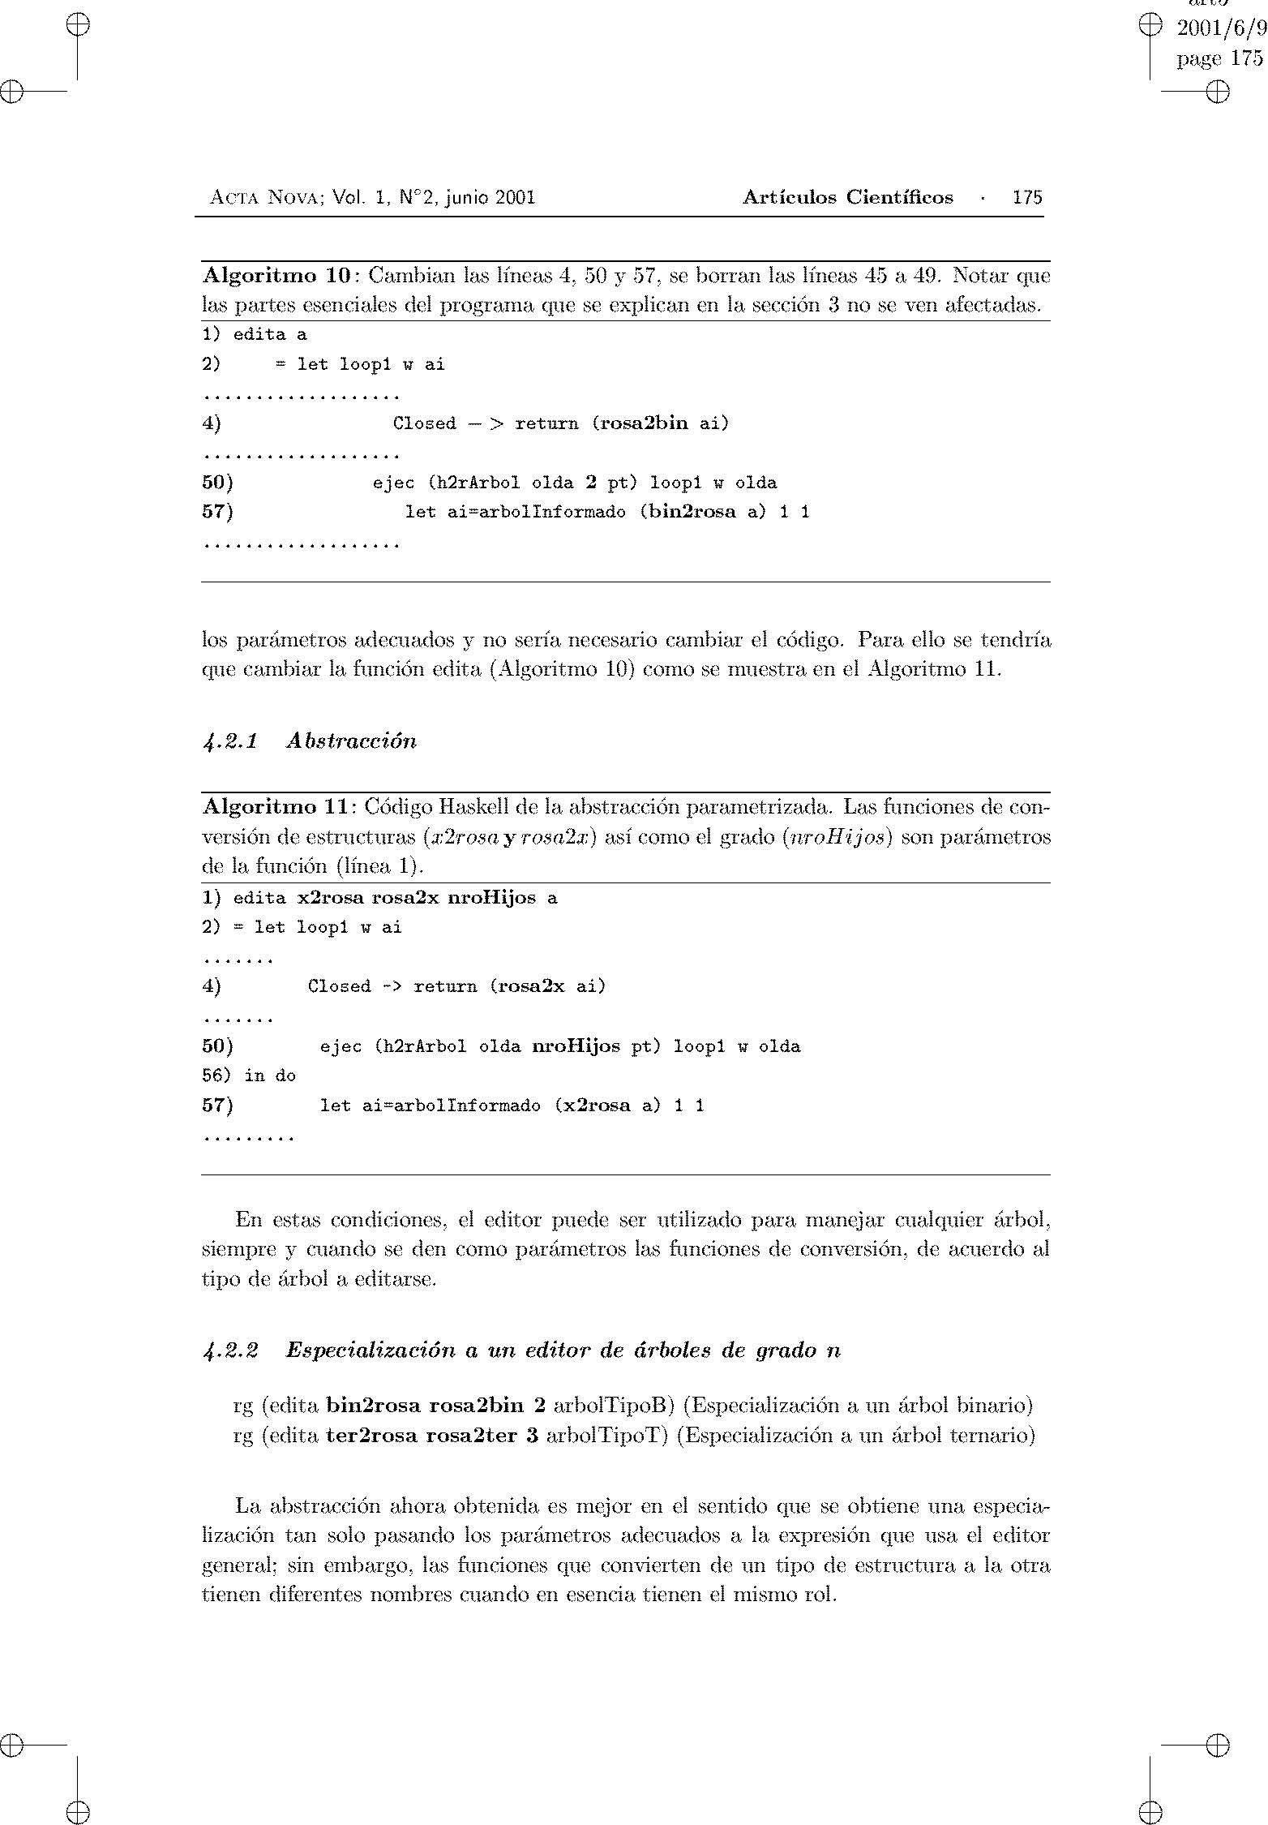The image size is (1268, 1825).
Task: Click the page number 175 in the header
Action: pos(1027,197)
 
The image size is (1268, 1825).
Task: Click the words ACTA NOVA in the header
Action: pos(261,197)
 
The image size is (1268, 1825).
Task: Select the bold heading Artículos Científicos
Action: pos(847,197)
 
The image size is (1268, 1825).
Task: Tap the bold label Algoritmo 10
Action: pos(275,276)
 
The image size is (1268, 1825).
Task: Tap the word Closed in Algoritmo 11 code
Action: pos(339,986)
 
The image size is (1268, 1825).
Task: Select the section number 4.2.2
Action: pos(230,1350)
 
